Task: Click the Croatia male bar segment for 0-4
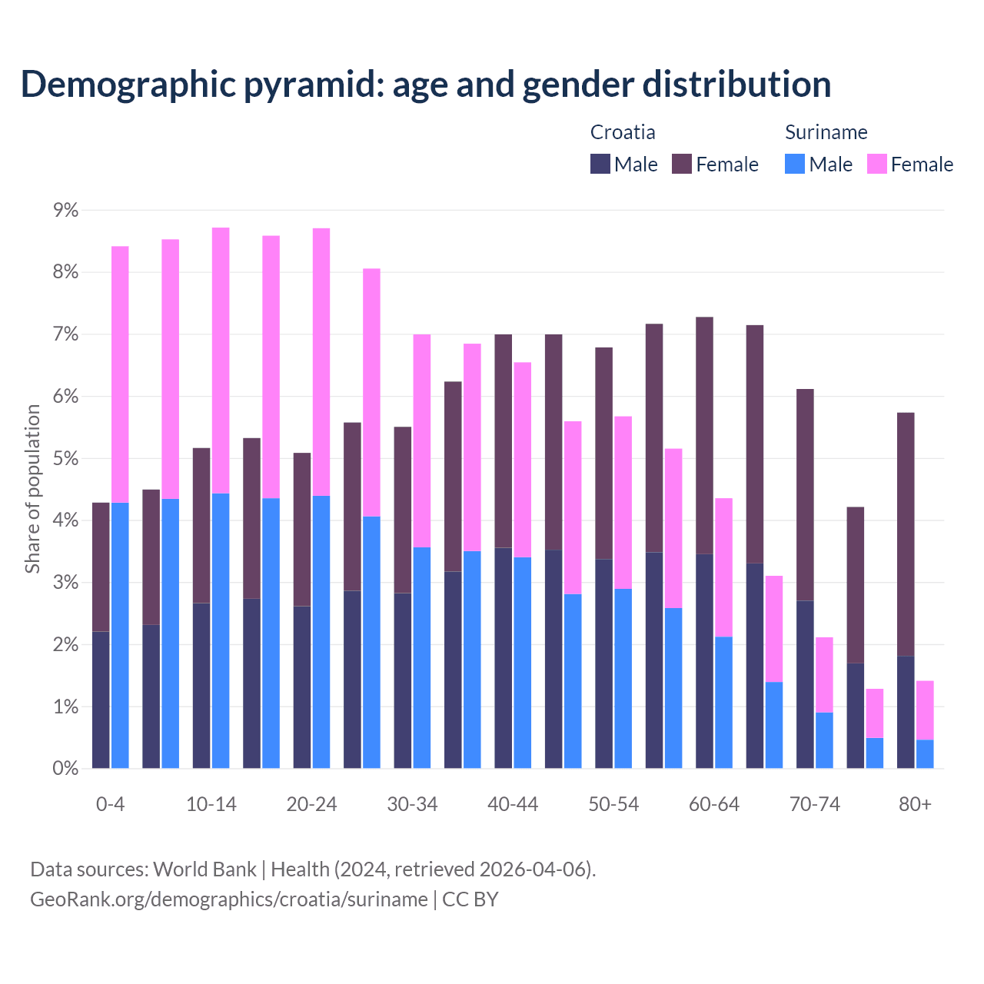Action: pyautogui.click(x=101, y=700)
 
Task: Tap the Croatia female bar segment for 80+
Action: pyautogui.click(x=906, y=534)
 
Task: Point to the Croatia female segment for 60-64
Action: pyautogui.click(x=704, y=435)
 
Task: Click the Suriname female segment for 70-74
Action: pyautogui.click(x=824, y=675)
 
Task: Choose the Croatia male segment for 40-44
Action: pyautogui.click(x=503, y=658)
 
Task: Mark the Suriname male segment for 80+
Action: pyautogui.click(x=925, y=754)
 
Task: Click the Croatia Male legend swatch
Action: pyautogui.click(x=600, y=164)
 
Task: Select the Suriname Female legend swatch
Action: pyautogui.click(x=876, y=164)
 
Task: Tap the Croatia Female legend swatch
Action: pyautogui.click(x=682, y=164)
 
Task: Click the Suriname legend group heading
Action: pyautogui.click(x=826, y=132)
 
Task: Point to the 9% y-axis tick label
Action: pyautogui.click(x=66, y=210)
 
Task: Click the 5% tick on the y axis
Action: pyautogui.click(x=66, y=459)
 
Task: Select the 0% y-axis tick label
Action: pyautogui.click(x=66, y=769)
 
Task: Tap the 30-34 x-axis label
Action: pyautogui.click(x=412, y=804)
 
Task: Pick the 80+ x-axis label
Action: pyautogui.click(x=915, y=804)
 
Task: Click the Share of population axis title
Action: pyautogui.click(x=33, y=489)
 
